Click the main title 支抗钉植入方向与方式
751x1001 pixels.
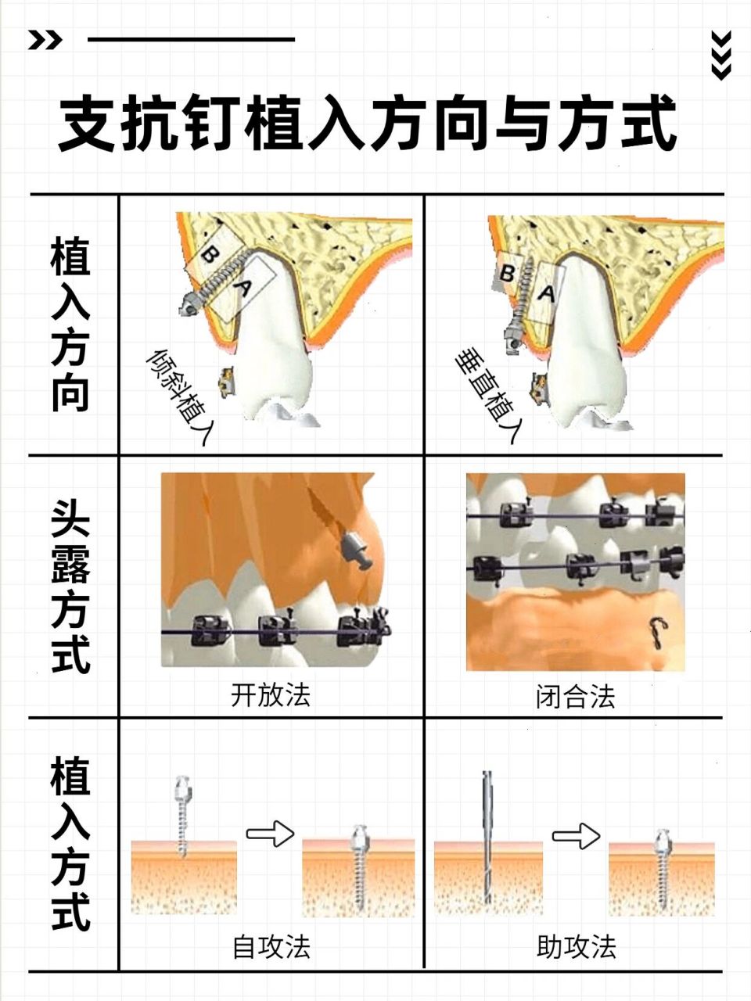click(368, 124)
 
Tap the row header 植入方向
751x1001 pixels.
click(70, 324)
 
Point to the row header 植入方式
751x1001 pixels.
click(70, 843)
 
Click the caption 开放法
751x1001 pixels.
click(271, 694)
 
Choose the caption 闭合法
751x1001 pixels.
click(576, 696)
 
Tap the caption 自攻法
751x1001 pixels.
click(271, 947)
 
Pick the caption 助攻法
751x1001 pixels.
click(577, 947)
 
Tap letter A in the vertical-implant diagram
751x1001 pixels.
click(546, 294)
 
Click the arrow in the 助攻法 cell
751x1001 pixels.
click(576, 836)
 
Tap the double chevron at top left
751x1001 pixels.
click(45, 40)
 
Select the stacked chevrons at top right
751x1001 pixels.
click(721, 56)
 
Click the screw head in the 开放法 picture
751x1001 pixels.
click(356, 551)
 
